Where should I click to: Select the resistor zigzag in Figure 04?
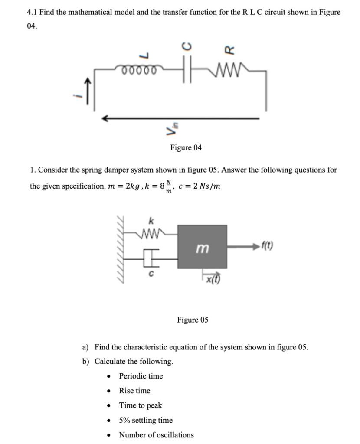[x=227, y=69]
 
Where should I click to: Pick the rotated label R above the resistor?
[x=228, y=49]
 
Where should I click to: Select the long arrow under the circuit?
[x=180, y=118]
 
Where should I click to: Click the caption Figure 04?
[x=186, y=148]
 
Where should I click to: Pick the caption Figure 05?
[x=193, y=320]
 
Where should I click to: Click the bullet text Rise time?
[x=134, y=391]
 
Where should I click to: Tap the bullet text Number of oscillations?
[x=156, y=435]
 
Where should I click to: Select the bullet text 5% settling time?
[x=146, y=420]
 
